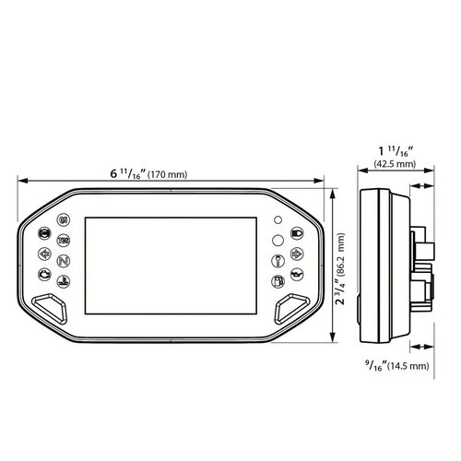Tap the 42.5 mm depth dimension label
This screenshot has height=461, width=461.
pyautogui.click(x=394, y=165)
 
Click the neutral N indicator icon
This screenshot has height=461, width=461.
pyautogui.click(x=63, y=261)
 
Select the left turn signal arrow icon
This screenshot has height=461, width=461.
pyautogui.click(x=43, y=254)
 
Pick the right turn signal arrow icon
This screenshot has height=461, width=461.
pyautogui.click(x=296, y=253)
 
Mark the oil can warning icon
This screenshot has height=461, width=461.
pyautogui.click(x=296, y=274)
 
